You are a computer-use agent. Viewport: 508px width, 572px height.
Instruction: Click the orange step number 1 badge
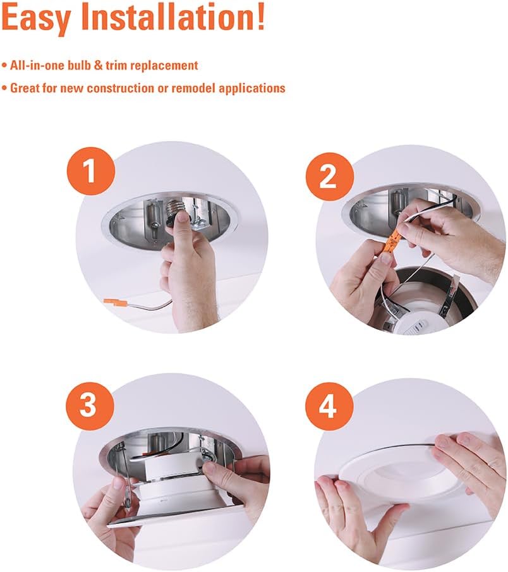tap(90, 171)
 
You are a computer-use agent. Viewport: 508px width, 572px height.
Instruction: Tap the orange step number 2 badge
tap(330, 177)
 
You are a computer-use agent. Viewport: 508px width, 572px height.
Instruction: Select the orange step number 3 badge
tap(90, 405)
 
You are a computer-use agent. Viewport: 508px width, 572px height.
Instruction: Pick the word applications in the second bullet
tap(252, 88)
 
